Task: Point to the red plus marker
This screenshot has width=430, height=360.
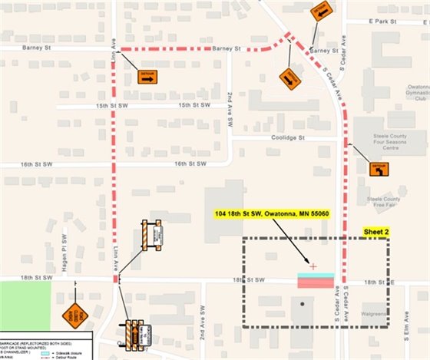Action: coord(313,266)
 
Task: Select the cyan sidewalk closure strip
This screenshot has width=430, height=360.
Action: coord(315,275)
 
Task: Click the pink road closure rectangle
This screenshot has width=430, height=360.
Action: coord(315,283)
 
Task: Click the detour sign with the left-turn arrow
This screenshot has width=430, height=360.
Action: coord(379,168)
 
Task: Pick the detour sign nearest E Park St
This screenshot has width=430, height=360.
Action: coord(321,11)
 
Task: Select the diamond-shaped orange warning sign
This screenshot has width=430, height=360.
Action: coord(75,315)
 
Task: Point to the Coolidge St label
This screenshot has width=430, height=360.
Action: coord(289,137)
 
